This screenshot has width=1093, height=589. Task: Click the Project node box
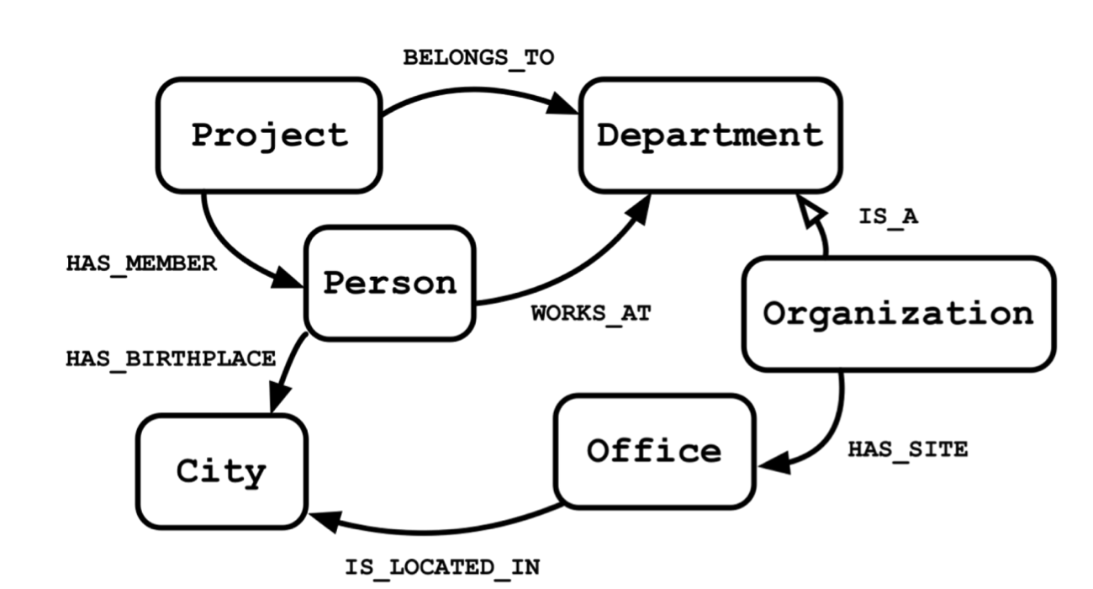(x=269, y=135)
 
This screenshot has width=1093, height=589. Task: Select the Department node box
(x=710, y=135)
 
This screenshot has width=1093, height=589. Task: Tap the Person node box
(x=390, y=284)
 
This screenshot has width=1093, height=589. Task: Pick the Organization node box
(x=898, y=314)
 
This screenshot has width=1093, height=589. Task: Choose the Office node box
(x=654, y=451)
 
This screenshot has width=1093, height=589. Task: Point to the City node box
(x=221, y=472)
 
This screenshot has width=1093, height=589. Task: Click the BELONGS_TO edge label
(x=478, y=58)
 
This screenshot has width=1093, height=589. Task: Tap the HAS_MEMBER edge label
(x=141, y=264)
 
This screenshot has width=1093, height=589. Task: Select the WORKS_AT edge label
(x=591, y=314)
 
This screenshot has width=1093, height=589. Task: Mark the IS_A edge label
(x=888, y=216)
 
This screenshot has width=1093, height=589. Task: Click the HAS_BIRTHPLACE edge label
(x=171, y=359)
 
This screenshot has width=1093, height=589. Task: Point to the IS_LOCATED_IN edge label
(x=442, y=568)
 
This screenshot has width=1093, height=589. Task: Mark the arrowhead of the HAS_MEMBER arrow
(x=288, y=278)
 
